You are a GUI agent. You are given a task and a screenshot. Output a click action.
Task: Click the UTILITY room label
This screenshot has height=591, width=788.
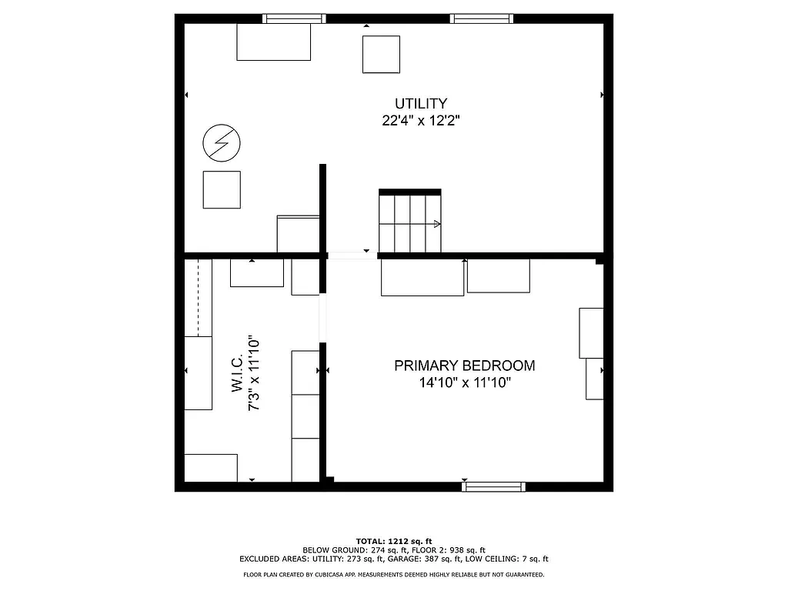point(421,103)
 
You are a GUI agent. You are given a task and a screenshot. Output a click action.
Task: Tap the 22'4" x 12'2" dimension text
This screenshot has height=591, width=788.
point(421,121)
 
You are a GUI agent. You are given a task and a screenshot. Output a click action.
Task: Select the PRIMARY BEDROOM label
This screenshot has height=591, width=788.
point(464,366)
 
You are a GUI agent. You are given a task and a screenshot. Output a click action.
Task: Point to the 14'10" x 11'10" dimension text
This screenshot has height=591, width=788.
point(464,383)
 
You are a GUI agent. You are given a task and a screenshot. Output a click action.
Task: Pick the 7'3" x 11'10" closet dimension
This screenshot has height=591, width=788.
point(254,373)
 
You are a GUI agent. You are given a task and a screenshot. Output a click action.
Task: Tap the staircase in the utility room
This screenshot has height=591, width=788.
point(410,222)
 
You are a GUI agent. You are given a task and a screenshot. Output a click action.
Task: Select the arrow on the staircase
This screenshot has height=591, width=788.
point(436,224)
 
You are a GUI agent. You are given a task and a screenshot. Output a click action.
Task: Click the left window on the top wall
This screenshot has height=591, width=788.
point(294,18)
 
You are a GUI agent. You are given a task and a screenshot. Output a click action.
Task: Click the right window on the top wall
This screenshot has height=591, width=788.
point(482,18)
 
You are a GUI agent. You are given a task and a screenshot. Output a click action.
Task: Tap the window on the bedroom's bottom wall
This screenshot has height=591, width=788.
point(493,486)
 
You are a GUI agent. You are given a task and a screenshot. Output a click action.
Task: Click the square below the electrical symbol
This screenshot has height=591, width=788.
point(222,189)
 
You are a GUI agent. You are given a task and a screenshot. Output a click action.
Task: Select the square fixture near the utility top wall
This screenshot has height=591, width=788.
point(381,54)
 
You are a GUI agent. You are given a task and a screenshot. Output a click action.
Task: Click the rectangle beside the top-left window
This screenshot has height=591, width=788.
point(273,42)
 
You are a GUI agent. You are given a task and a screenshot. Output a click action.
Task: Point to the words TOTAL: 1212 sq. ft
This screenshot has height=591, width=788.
point(394,541)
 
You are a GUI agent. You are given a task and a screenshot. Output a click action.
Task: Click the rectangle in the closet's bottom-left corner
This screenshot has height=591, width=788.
point(211,468)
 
